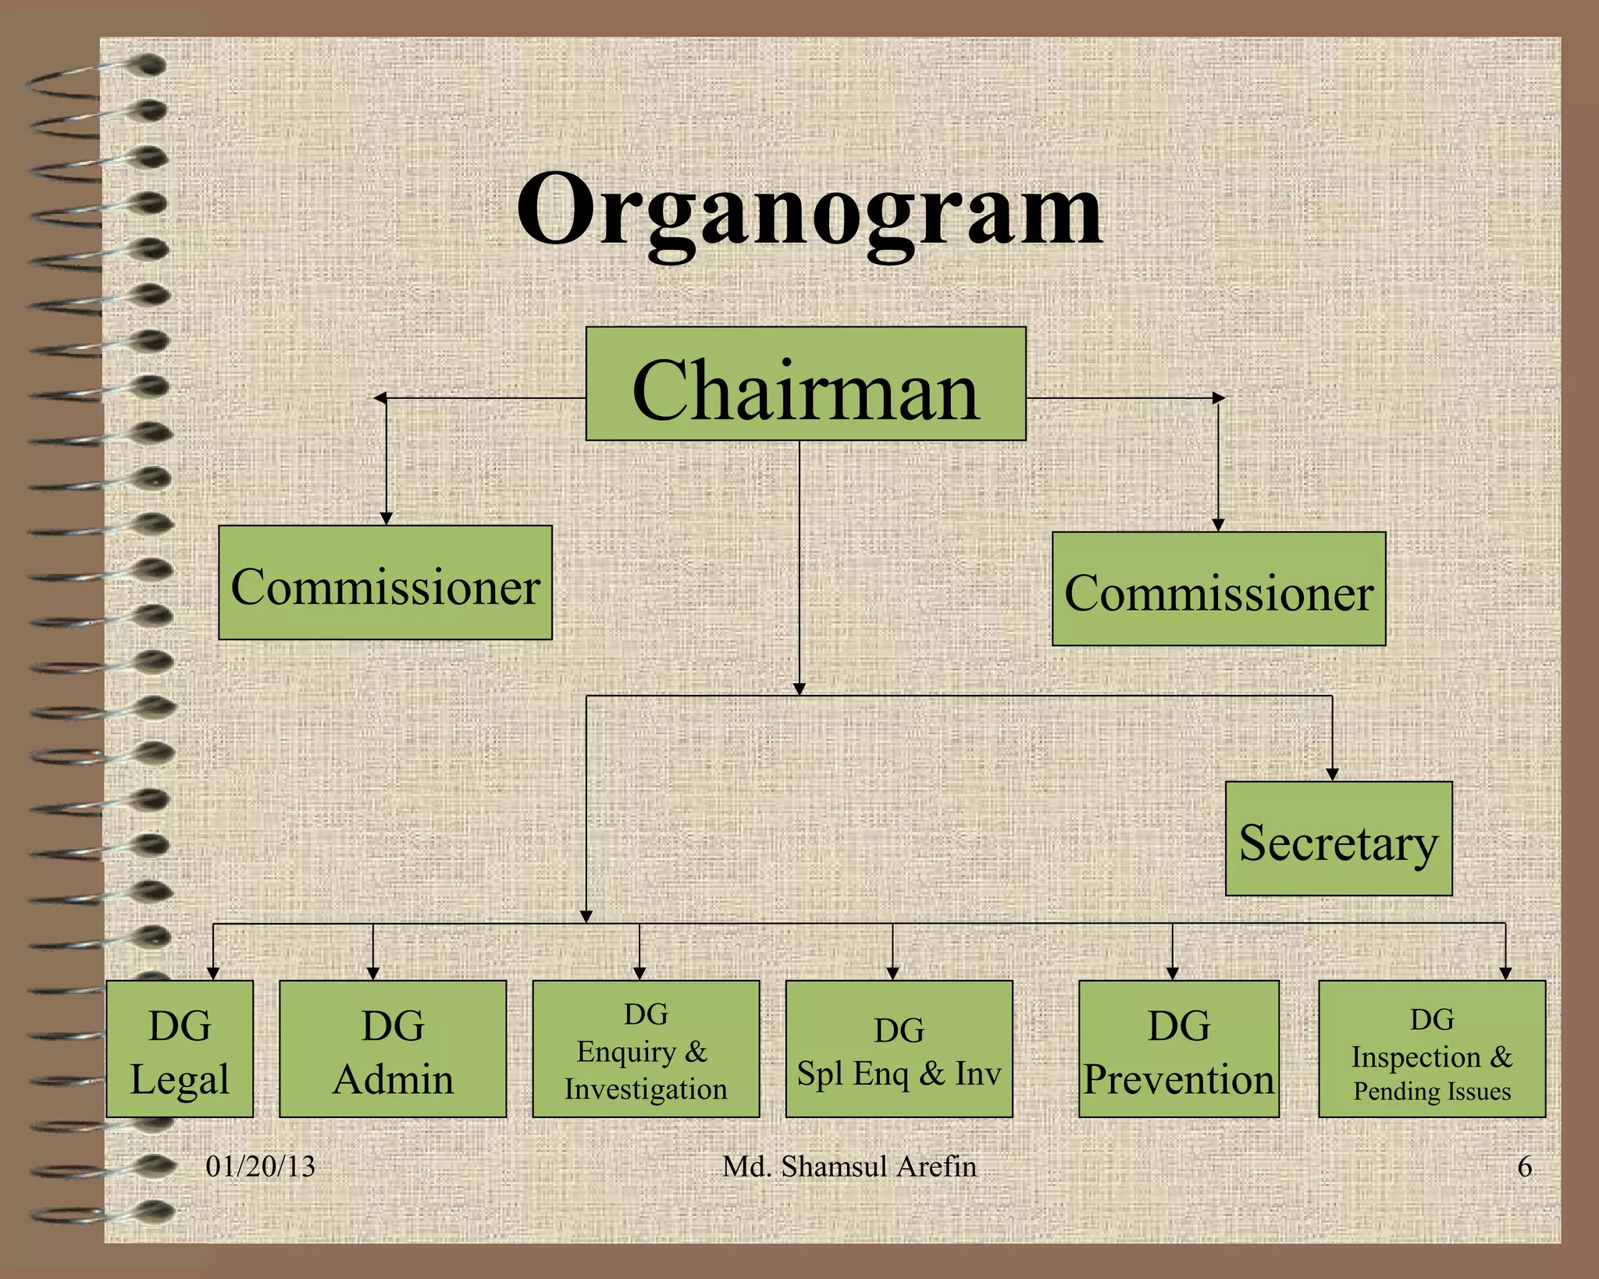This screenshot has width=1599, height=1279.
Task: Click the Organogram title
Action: coord(810,212)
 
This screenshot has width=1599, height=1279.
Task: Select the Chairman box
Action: coord(806,384)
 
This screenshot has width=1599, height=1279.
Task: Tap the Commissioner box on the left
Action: coord(385,583)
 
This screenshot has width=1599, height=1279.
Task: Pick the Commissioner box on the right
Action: coord(1219,590)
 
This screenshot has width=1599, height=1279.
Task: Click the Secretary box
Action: coord(1338,839)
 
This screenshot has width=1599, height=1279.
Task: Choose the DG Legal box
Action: coord(180,1049)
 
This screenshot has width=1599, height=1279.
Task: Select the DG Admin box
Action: coord(393,1049)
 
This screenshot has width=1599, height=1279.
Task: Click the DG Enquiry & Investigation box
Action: coord(646,1049)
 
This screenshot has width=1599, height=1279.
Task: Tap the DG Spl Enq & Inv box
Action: coord(899,1049)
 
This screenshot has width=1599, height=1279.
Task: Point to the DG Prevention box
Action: coord(1178,1049)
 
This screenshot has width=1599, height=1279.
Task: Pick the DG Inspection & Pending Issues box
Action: coord(1432,1049)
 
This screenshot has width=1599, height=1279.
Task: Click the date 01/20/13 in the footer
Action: coord(260,1167)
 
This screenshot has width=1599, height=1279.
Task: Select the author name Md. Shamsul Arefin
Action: coord(849,1167)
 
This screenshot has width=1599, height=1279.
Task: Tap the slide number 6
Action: coord(1524,1167)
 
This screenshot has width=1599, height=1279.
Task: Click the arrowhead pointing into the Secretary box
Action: coord(1332,774)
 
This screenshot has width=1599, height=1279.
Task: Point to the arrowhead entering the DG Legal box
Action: coord(213,973)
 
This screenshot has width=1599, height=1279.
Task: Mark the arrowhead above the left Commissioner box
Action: coord(386,518)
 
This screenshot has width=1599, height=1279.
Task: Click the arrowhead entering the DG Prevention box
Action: coord(1172,973)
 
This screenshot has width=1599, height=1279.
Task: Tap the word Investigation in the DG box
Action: coord(646,1088)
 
